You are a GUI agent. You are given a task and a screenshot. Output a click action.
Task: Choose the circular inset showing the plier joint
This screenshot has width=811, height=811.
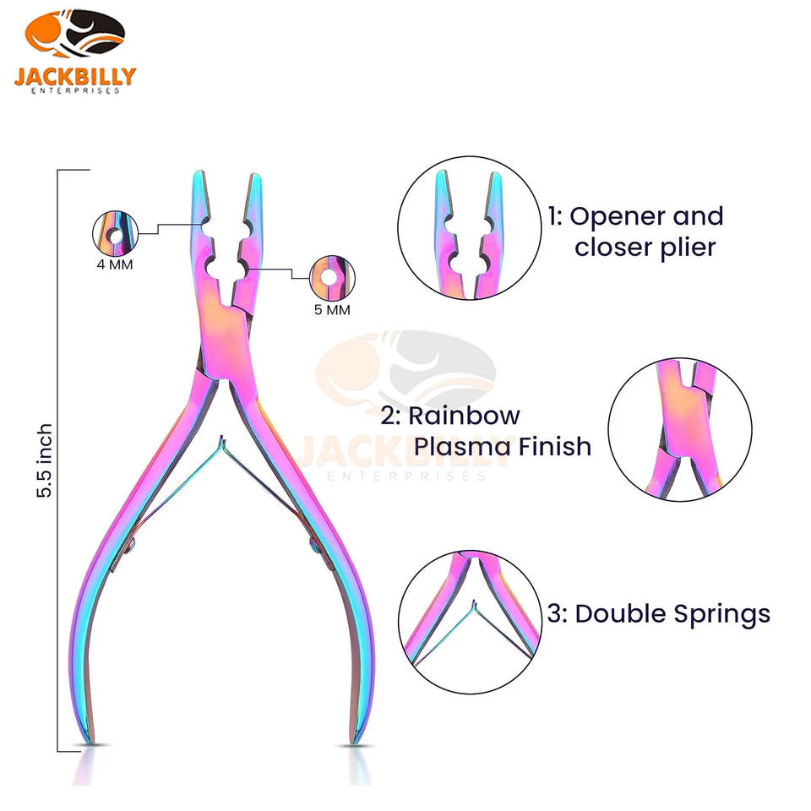tap(679, 429)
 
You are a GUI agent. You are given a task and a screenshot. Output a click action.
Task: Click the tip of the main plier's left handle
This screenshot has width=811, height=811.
tap(89, 741)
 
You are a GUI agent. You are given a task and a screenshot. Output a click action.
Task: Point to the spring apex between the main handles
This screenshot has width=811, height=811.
tap(221, 438)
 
